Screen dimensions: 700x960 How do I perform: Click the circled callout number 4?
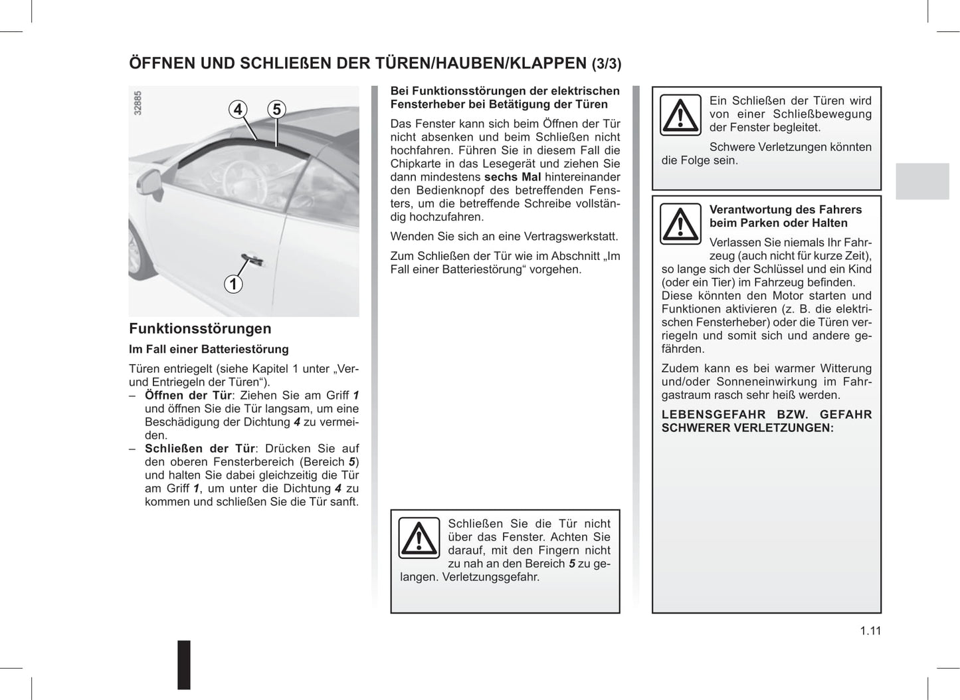click(x=238, y=109)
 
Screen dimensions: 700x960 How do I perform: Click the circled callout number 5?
click(x=276, y=109)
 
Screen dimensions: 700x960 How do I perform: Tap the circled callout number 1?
click(x=233, y=284)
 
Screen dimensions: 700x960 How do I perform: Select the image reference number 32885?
click(x=138, y=103)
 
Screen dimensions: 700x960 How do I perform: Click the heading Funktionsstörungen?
click(x=200, y=328)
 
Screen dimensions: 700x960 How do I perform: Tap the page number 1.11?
click(x=870, y=631)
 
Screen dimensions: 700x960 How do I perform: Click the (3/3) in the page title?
click(x=607, y=64)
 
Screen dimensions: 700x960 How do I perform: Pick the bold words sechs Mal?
click(x=512, y=177)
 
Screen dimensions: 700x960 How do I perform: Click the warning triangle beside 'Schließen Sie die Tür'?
click(x=419, y=537)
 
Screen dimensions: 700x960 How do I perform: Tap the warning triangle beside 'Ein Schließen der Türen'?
click(x=680, y=114)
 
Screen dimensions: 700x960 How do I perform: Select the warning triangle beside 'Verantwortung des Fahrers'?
click(x=680, y=223)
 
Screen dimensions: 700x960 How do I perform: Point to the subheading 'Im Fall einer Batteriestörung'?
click(x=209, y=349)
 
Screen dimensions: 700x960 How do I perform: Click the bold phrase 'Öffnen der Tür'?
click(x=188, y=396)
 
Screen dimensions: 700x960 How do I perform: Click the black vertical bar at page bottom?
click(x=184, y=664)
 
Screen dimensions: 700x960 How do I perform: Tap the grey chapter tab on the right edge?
click(x=922, y=181)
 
